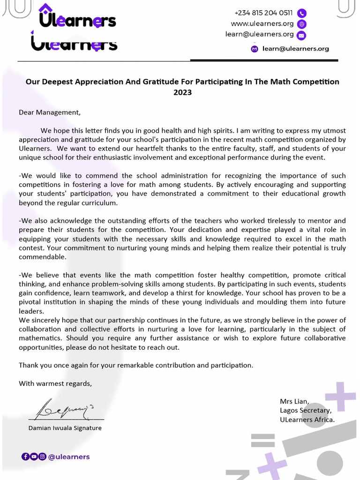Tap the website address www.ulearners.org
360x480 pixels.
[x=262, y=24]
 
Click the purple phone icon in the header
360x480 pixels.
[x=302, y=13]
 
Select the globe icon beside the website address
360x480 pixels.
[x=302, y=24]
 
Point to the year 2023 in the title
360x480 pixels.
[x=182, y=92]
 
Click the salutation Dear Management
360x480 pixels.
[x=50, y=112]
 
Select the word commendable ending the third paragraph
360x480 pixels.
[x=42, y=257]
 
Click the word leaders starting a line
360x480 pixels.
[x=31, y=311]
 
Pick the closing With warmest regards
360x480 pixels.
[x=55, y=383]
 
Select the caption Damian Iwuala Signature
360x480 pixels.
[x=65, y=428]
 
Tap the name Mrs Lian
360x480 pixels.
[x=294, y=401]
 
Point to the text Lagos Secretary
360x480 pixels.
[x=306, y=411]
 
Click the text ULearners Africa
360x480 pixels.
[x=307, y=420]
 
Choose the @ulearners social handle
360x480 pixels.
[x=69, y=457]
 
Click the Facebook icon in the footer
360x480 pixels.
[x=25, y=457]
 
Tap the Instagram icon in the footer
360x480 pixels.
[x=42, y=457]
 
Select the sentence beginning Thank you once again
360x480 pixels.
[x=136, y=365]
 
